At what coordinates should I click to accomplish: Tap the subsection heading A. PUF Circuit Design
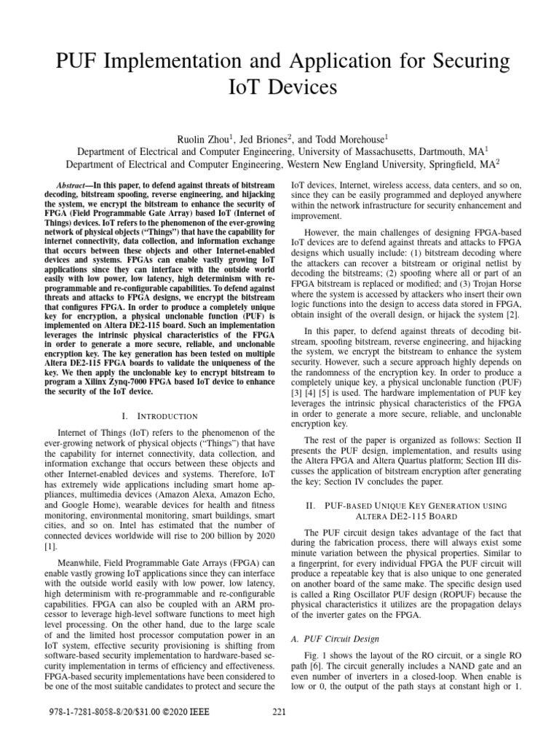342,639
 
